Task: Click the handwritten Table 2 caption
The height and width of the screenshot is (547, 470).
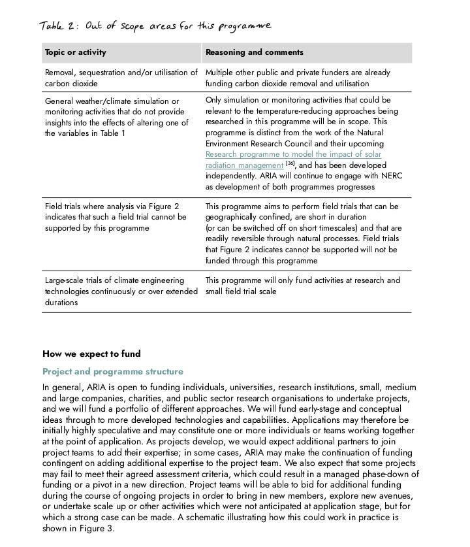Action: coord(155,26)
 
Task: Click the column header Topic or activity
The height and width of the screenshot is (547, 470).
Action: coord(75,52)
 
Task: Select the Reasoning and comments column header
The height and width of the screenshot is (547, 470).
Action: coord(254,52)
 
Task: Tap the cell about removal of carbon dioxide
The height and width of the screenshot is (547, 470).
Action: coord(121,78)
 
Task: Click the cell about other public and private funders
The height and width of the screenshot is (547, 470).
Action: coord(297,78)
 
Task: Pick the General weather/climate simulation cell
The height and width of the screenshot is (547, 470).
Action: coord(117,117)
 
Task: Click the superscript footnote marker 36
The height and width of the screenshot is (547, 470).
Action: coord(290,163)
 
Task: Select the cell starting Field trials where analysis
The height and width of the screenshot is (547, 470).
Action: coord(116,217)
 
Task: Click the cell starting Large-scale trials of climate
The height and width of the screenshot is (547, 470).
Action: coord(121,291)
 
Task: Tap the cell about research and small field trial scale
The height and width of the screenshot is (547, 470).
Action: coord(302,286)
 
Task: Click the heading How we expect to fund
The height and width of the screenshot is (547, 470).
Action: coord(91,354)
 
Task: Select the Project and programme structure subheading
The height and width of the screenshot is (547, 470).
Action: coord(113,371)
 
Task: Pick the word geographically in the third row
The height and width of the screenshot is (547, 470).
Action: coord(232,217)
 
